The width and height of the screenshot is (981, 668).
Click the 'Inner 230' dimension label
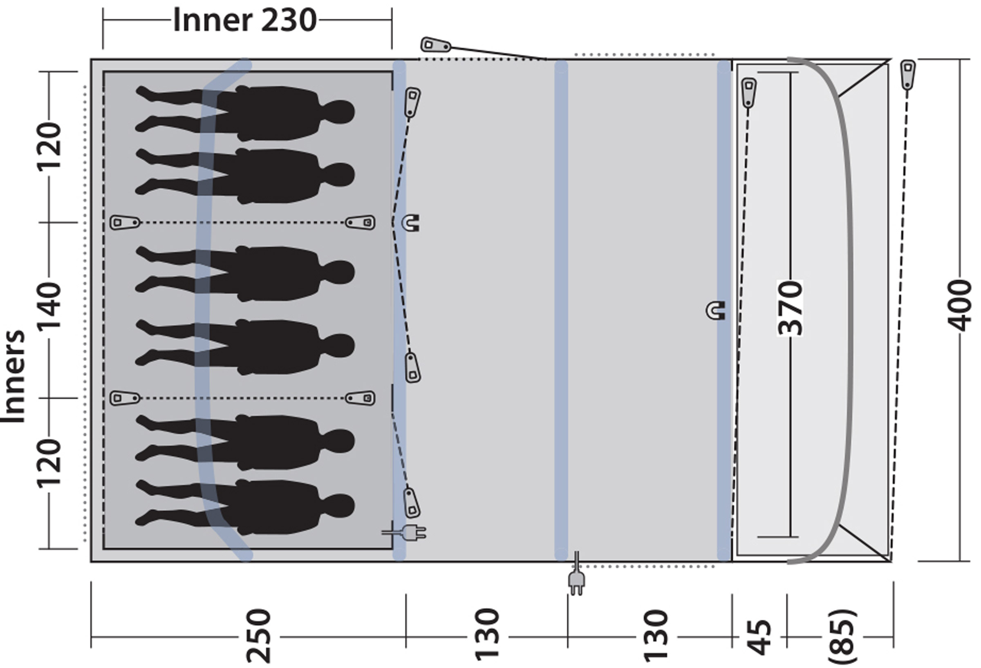(x=245, y=20)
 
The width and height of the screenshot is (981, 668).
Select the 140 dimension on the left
(x=49, y=306)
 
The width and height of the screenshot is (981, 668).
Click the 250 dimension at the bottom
(x=258, y=635)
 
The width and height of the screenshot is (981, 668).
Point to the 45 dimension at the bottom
(x=759, y=637)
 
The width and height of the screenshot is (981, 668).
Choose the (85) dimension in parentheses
(x=842, y=637)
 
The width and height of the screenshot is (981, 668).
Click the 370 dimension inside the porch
(x=790, y=308)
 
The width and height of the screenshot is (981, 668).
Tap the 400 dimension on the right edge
(x=959, y=305)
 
